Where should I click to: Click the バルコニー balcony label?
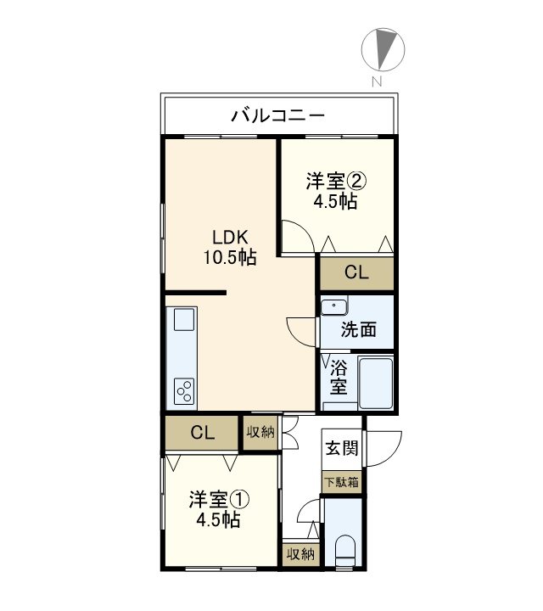[277, 116]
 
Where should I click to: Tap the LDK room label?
[229, 238]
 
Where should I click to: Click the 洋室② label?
[336, 182]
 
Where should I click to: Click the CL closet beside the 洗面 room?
[356, 272]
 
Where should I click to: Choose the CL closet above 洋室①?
[202, 433]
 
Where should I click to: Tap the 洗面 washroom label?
[360, 330]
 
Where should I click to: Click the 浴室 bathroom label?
[339, 378]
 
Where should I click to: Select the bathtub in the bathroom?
[376, 383]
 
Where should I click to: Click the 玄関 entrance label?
[343, 447]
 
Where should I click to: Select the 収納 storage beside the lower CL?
[260, 433]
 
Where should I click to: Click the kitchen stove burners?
[184, 391]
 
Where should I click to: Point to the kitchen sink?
[185, 321]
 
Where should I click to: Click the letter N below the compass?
[375, 81]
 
